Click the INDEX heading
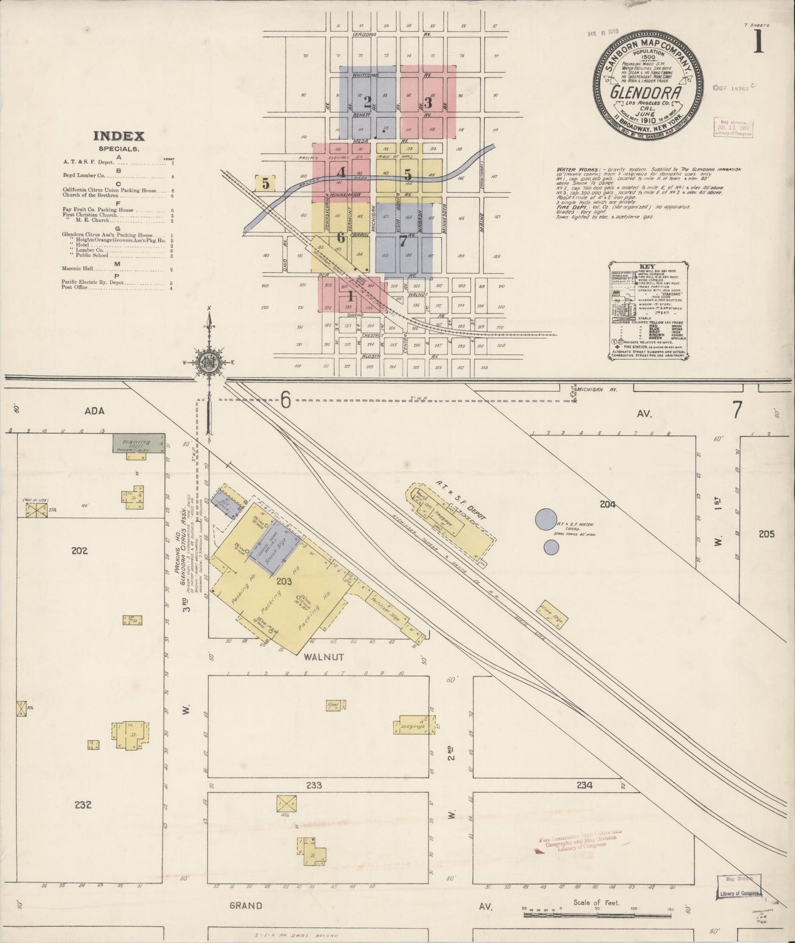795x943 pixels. click(x=118, y=136)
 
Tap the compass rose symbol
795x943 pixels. click(x=209, y=363)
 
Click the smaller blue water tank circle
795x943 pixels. click(x=551, y=547)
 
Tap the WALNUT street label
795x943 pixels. click(x=319, y=657)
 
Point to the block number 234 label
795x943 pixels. click(x=584, y=786)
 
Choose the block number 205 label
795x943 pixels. click(x=766, y=534)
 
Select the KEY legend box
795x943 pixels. click(x=648, y=311)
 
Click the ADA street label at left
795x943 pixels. click(x=94, y=411)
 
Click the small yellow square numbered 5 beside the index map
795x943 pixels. click(x=266, y=183)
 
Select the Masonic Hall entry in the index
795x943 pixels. click(x=79, y=269)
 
